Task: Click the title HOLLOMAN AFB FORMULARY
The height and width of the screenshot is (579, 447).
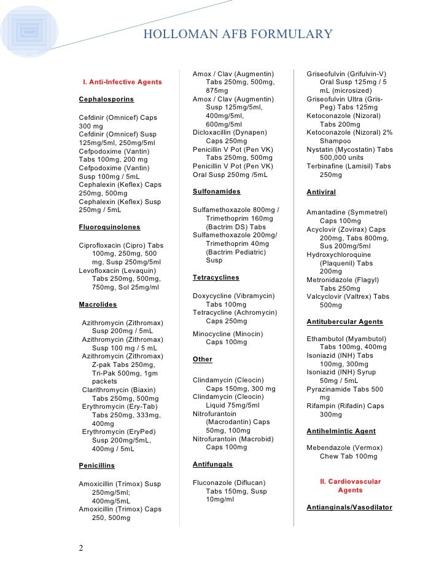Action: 238,34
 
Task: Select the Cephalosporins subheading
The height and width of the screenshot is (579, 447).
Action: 106,99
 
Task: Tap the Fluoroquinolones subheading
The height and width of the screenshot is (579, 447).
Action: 109,227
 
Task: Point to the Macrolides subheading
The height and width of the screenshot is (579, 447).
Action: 98,304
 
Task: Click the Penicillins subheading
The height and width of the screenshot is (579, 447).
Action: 96,466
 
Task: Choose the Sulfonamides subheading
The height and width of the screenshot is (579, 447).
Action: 216,192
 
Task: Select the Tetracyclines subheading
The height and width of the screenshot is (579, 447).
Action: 216,278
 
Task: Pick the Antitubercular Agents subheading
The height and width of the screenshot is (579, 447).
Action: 344,321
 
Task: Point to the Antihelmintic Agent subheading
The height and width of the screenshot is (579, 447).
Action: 341,431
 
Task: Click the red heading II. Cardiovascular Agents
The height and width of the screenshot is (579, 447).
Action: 350,486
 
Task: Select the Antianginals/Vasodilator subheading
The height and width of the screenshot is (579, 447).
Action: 349,508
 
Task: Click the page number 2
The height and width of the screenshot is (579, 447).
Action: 81,548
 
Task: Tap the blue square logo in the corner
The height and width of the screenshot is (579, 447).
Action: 29,30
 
